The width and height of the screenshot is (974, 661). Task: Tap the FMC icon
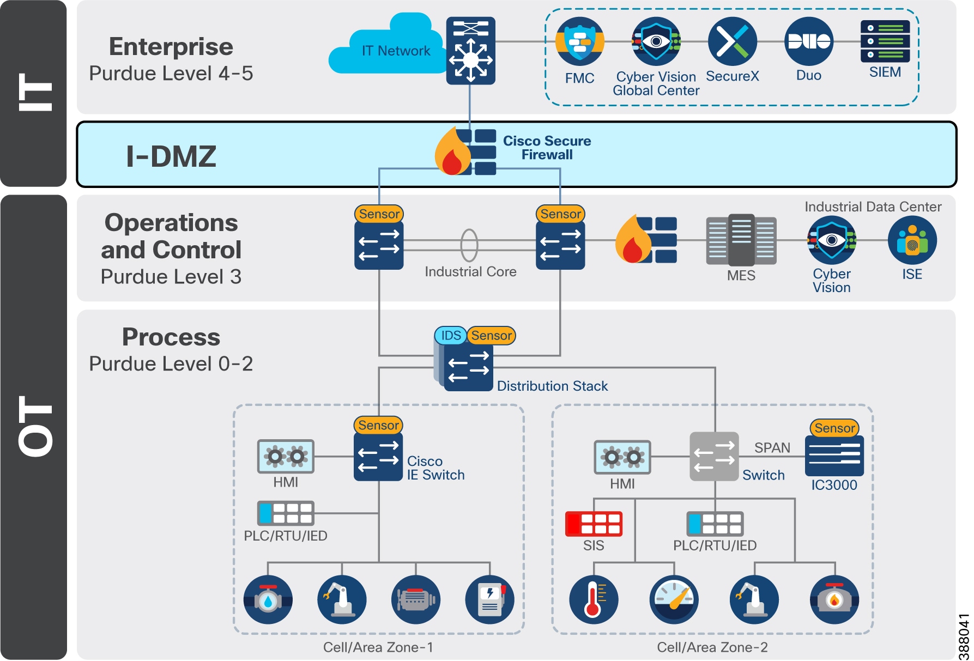pyautogui.click(x=579, y=41)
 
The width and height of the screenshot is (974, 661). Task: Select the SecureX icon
pyautogui.click(x=732, y=41)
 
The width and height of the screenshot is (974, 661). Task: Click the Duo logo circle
pyautogui.click(x=808, y=41)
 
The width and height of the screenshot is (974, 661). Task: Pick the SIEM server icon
pyautogui.click(x=885, y=41)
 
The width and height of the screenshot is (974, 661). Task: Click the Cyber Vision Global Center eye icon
pyautogui.click(x=656, y=41)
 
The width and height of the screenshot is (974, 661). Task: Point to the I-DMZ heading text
pyautogui.click(x=171, y=156)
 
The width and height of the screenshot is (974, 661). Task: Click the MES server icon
pyautogui.click(x=741, y=240)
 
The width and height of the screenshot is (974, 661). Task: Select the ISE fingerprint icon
pyautogui.click(x=912, y=240)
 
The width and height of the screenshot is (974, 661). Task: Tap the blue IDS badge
pyautogui.click(x=451, y=335)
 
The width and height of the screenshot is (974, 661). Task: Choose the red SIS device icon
pyautogui.click(x=594, y=524)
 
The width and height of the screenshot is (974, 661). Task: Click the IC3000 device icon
pyautogui.click(x=834, y=455)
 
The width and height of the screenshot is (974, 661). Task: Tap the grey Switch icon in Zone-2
pyautogui.click(x=714, y=456)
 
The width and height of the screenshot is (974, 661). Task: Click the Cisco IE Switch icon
pyautogui.click(x=378, y=457)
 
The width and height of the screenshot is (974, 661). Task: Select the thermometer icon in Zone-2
pyautogui.click(x=594, y=599)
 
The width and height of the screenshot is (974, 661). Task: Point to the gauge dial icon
pyautogui.click(x=674, y=599)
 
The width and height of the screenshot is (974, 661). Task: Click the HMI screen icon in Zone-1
pyautogui.click(x=286, y=456)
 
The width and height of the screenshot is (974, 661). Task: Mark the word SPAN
pyautogui.click(x=772, y=447)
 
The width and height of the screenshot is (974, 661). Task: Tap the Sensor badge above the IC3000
pyautogui.click(x=834, y=428)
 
